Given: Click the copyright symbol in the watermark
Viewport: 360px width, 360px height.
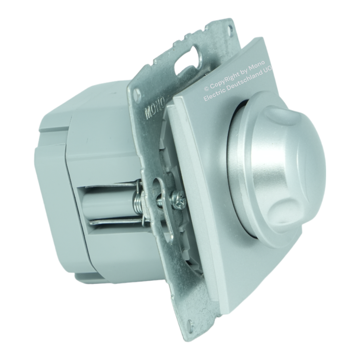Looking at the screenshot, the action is (206, 88).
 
